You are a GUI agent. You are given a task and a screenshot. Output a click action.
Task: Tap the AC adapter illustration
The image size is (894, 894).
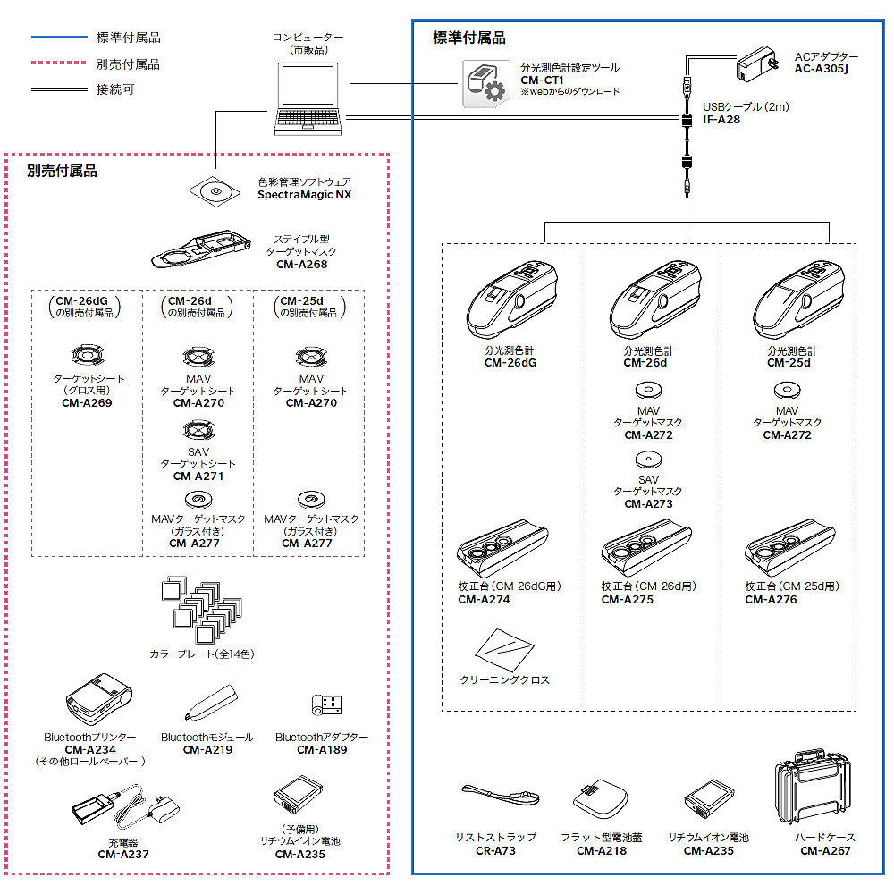pos(759,65)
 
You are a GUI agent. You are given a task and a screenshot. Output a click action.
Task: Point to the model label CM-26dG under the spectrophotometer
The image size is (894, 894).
pos(510,363)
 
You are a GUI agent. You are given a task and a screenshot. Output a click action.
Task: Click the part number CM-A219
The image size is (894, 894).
pos(207,750)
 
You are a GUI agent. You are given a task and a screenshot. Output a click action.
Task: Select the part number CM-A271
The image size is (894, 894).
pos(198,477)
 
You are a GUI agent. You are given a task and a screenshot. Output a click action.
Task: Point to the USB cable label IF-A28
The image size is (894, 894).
pos(721,119)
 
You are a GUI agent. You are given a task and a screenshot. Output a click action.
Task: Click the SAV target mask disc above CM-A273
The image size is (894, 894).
pos(648,459)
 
